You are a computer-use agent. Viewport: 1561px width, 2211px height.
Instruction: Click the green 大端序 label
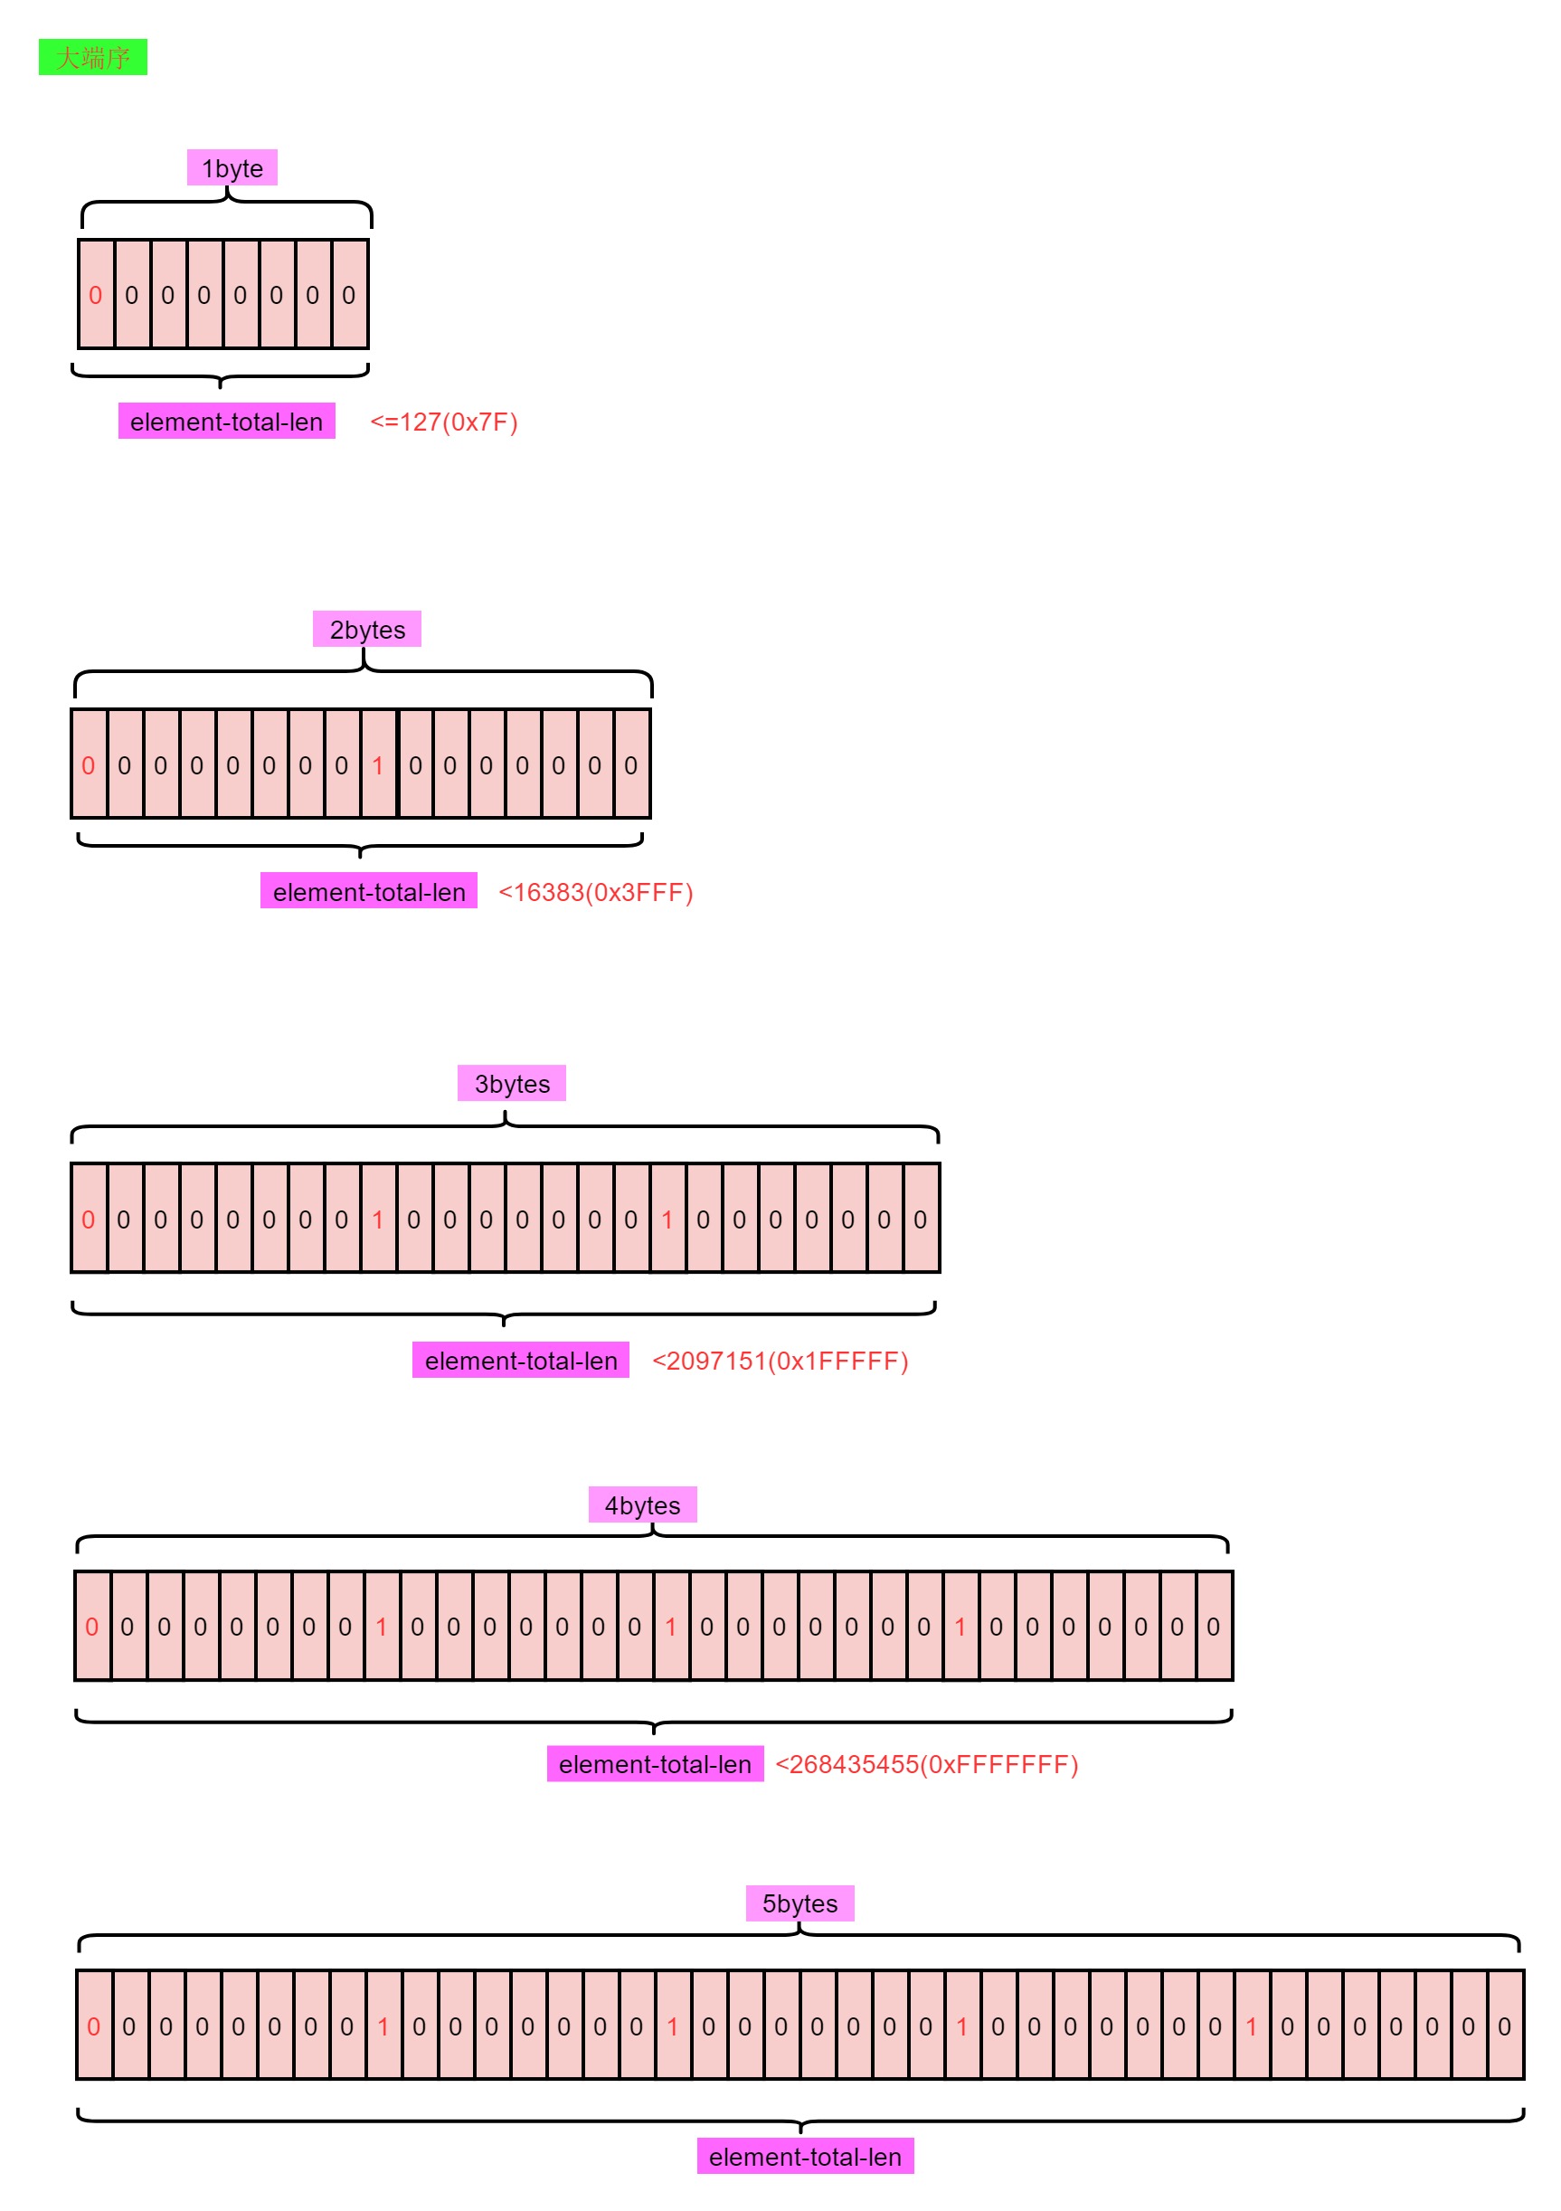[92, 57]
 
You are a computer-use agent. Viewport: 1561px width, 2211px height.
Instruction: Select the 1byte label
[232, 167]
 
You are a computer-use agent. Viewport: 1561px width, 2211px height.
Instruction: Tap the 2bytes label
[367, 629]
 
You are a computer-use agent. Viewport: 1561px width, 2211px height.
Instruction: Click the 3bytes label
[511, 1084]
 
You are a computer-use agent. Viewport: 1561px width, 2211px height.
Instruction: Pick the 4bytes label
[642, 1504]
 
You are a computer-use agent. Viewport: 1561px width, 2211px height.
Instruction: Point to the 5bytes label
[799, 1903]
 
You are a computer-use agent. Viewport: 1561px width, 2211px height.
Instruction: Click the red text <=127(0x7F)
[444, 422]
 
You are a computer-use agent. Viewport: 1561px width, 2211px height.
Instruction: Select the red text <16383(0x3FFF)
[595, 892]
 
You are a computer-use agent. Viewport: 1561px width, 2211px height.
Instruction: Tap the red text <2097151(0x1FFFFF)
[780, 1361]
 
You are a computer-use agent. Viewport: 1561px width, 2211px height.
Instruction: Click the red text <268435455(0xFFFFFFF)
[926, 1764]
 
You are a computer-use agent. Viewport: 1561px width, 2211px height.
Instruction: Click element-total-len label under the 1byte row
[226, 422]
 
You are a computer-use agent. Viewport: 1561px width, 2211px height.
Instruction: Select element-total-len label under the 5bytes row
[805, 2157]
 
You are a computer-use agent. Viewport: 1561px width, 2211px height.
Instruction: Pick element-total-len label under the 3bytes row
[521, 1361]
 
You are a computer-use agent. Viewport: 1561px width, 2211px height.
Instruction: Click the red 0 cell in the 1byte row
[95, 295]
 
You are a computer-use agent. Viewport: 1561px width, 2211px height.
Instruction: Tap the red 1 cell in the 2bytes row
[377, 764]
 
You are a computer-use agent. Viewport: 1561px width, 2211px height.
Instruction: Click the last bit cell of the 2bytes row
[630, 764]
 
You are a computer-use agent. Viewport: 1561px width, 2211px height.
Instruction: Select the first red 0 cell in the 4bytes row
[91, 1627]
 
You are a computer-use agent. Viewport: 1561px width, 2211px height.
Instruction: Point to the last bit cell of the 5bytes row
[1504, 2026]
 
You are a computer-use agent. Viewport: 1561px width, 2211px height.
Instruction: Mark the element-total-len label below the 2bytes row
[369, 892]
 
